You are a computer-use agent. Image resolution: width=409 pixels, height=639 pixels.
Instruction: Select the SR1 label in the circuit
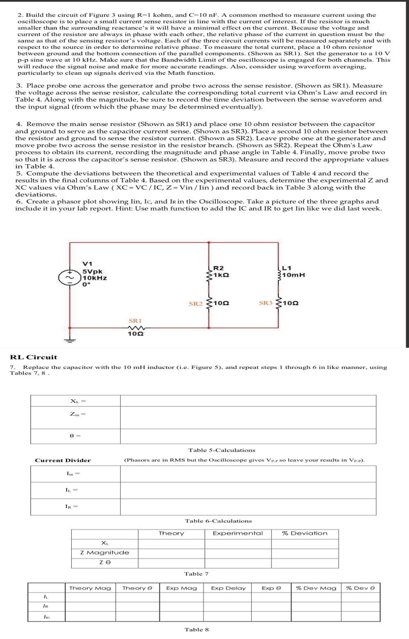point(135,321)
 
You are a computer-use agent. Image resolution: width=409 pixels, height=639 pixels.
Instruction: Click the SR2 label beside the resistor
point(196,304)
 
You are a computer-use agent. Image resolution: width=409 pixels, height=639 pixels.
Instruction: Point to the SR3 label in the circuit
point(266,303)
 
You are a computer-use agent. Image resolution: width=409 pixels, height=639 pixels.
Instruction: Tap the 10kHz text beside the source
point(95,278)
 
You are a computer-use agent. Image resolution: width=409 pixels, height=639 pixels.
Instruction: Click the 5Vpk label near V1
point(93,271)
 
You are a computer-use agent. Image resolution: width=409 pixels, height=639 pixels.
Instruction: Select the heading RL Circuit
point(34,357)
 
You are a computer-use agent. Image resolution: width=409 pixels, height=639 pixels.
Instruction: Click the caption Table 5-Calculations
point(221,450)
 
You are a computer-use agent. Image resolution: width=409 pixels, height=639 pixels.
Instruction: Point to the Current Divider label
point(63,460)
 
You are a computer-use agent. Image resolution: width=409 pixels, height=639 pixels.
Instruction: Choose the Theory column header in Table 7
point(171,533)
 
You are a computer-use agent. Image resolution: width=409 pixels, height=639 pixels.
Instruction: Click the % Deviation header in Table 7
point(305,533)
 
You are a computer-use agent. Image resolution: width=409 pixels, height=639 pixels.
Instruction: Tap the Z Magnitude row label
point(104,553)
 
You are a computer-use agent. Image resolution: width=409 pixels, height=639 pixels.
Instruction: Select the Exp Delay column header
point(228,588)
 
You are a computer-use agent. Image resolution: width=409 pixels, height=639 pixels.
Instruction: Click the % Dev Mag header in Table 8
point(316,588)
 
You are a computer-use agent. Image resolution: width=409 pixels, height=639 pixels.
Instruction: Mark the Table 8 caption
point(197,630)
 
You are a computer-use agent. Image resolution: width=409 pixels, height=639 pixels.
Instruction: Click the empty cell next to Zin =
point(248,417)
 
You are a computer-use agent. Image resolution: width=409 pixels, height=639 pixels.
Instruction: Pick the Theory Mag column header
point(90,588)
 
